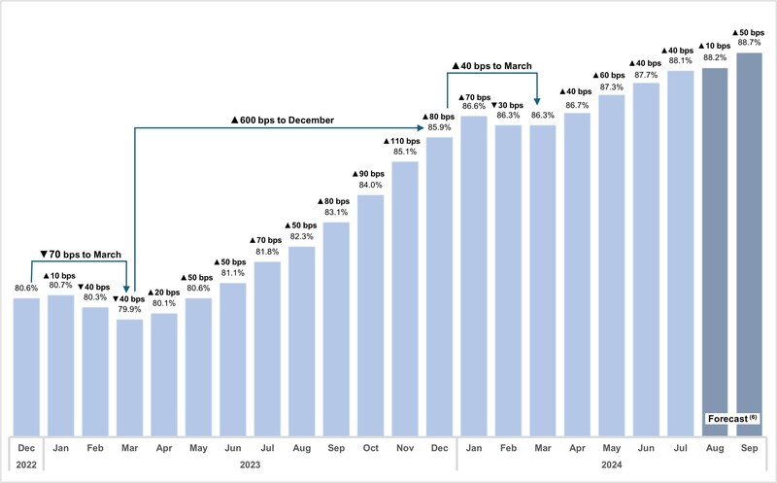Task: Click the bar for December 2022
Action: pos(26,367)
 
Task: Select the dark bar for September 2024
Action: pos(749,245)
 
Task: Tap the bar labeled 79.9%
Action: pos(130,378)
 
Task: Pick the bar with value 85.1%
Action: pos(405,299)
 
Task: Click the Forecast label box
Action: pos(732,419)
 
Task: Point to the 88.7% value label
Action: pos(749,43)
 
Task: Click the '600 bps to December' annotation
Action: pos(283,120)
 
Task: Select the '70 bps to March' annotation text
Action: pos(81,255)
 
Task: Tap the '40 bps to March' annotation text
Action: pos(492,66)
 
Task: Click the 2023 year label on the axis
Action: pos(250,465)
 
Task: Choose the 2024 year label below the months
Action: pos(612,465)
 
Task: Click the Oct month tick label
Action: pos(371,448)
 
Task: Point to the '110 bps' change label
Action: pos(402,141)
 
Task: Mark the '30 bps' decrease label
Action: pos(507,105)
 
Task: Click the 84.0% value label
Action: pos(371,185)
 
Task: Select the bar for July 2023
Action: pos(268,349)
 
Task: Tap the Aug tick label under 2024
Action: pos(715,448)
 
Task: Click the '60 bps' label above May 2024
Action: pos(609,76)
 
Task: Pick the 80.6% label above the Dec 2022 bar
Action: pos(26,288)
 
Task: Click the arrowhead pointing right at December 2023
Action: pos(421,128)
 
